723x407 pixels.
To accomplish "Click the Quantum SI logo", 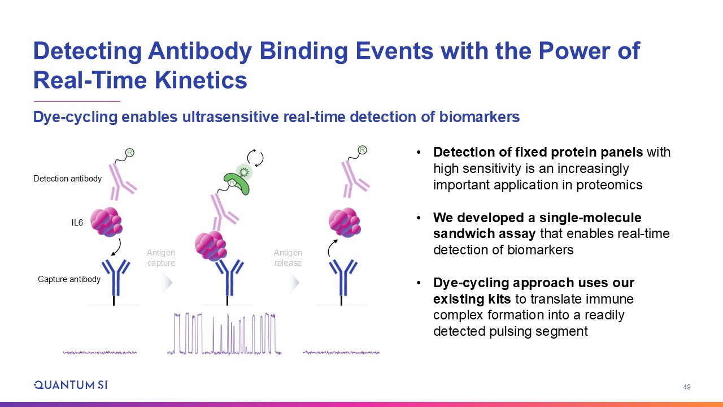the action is pos(71,385).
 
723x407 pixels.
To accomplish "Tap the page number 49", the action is pos(686,387).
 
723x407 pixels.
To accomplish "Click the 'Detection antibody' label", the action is pos(67,179).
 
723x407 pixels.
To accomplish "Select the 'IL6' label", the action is pos(77,223).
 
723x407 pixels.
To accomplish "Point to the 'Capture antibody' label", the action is pos(69,279).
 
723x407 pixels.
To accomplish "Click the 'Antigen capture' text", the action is pos(161,257).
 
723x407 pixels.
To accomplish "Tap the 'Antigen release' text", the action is pos(288,257).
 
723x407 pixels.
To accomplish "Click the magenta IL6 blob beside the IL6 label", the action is pos(106,222).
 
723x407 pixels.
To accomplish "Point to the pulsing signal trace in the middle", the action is pos(224,334).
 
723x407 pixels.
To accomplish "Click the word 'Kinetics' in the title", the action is pos(201,80).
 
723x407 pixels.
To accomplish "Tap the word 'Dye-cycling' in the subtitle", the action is pos(75,117).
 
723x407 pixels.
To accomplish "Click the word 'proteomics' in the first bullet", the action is pos(609,185).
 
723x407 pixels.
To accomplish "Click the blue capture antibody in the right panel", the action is pos(343,278).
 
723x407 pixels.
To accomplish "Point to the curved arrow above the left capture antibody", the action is pos(118,248).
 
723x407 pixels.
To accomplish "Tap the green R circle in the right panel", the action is pos(363,150).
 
